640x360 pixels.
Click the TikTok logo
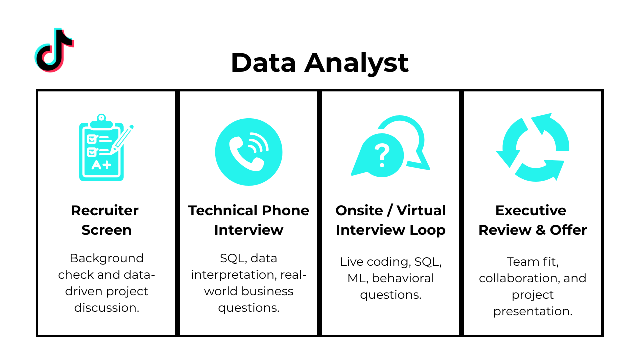54,50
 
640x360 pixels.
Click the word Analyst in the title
357,63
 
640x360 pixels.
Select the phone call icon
248,152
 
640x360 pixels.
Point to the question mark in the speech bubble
382,155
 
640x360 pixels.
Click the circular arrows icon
533,148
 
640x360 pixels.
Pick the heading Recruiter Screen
105,220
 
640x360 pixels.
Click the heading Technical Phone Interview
248,220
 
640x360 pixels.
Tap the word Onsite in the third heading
359,210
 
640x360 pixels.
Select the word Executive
530,210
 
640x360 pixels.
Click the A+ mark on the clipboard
101,165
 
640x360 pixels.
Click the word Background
106,258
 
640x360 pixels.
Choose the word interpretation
233,275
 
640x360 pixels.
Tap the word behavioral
403,278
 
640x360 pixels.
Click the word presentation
532,311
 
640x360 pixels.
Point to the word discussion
106,308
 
